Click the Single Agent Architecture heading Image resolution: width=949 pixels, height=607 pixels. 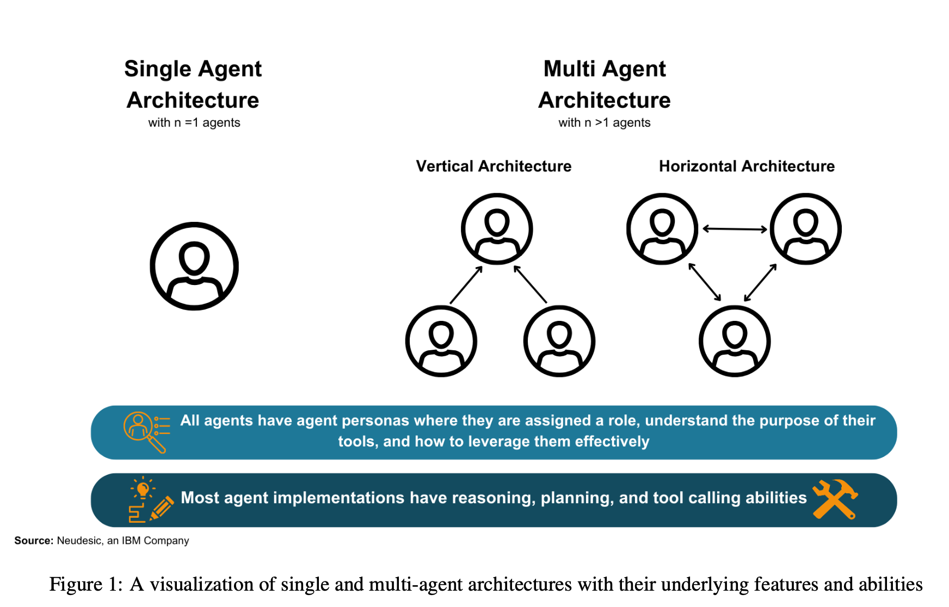[193, 84]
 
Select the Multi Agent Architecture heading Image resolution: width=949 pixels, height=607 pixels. [605, 84]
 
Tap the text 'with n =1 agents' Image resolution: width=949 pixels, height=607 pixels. [194, 123]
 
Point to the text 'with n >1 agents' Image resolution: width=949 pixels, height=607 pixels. [605, 123]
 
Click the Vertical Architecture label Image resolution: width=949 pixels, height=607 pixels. [494, 166]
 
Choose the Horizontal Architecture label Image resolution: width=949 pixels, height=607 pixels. [747, 166]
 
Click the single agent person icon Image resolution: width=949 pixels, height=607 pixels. [194, 266]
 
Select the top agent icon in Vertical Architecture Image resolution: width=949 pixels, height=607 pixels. [497, 229]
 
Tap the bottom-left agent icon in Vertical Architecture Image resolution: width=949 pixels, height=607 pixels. [441, 341]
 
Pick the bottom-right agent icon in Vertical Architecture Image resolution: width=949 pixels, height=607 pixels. [559, 341]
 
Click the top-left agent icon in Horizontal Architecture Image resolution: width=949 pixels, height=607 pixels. [662, 229]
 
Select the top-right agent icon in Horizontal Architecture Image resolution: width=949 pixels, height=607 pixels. [806, 229]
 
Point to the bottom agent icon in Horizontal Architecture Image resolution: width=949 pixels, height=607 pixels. [735, 341]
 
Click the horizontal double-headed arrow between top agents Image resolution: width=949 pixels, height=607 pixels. [735, 229]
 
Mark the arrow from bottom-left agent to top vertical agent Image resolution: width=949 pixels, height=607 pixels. [466, 284]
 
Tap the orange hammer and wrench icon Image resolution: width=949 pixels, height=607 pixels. [835, 499]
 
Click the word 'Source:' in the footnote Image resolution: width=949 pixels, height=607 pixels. [34, 541]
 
